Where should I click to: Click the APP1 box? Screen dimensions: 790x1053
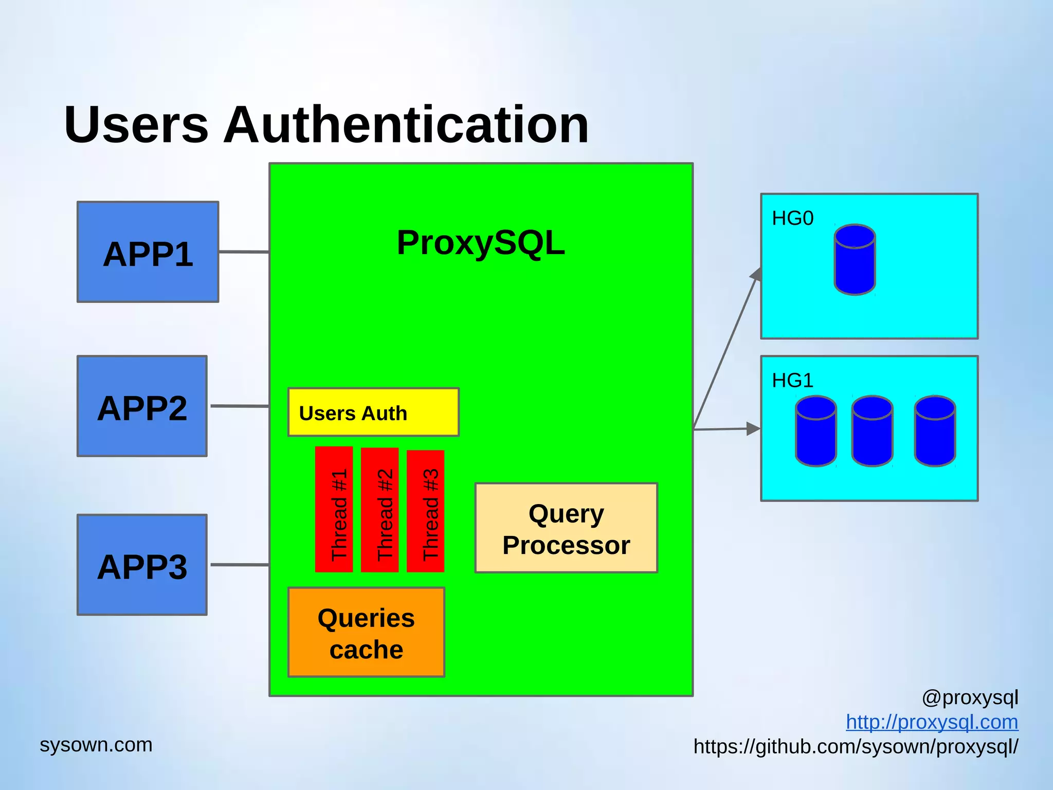point(148,252)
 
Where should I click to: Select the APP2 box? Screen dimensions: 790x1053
point(142,406)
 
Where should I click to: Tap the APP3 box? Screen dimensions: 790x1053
point(142,565)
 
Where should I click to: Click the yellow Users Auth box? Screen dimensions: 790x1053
point(373,412)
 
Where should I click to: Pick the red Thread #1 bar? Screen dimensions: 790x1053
point(334,509)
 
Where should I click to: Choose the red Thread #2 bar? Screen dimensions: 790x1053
point(380,510)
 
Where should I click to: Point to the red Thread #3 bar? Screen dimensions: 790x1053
point(425,511)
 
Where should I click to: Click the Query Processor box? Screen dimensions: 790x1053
point(566,528)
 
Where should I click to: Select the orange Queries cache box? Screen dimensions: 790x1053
point(366,633)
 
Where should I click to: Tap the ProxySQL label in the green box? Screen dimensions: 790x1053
point(481,243)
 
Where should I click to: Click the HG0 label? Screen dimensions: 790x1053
point(792,219)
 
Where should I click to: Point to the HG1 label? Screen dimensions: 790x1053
point(792,381)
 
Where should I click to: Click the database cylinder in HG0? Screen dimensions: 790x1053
point(855,260)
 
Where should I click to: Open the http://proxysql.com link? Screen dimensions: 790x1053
point(932,722)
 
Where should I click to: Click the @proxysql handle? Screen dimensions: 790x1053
point(970,698)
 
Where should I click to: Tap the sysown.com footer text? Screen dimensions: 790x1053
point(96,745)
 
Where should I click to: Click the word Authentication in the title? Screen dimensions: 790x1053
point(406,124)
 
